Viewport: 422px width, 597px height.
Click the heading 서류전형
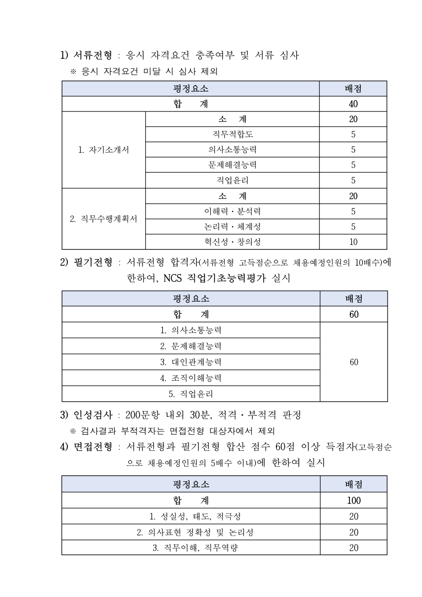click(93, 55)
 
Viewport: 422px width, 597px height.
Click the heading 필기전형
click(93, 263)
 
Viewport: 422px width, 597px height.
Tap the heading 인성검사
click(93, 415)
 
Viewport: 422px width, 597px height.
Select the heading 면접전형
click(93, 447)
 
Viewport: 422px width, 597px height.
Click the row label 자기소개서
click(104, 150)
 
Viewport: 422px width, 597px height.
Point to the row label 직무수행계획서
click(104, 219)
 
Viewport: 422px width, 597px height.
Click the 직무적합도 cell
click(232, 134)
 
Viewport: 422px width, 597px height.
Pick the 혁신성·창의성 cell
click(232, 242)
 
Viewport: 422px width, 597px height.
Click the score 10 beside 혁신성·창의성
click(353, 242)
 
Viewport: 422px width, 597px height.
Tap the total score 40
click(353, 104)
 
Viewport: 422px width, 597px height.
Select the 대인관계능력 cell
click(191, 362)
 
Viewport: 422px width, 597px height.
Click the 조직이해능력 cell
click(191, 378)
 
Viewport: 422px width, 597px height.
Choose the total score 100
click(354, 500)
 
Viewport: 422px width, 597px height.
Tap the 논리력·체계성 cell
click(232, 226)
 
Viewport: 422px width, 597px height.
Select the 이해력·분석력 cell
click(232, 211)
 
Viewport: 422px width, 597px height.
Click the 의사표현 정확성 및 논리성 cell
click(195, 532)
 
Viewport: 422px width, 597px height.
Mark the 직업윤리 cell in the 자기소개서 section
click(232, 180)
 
